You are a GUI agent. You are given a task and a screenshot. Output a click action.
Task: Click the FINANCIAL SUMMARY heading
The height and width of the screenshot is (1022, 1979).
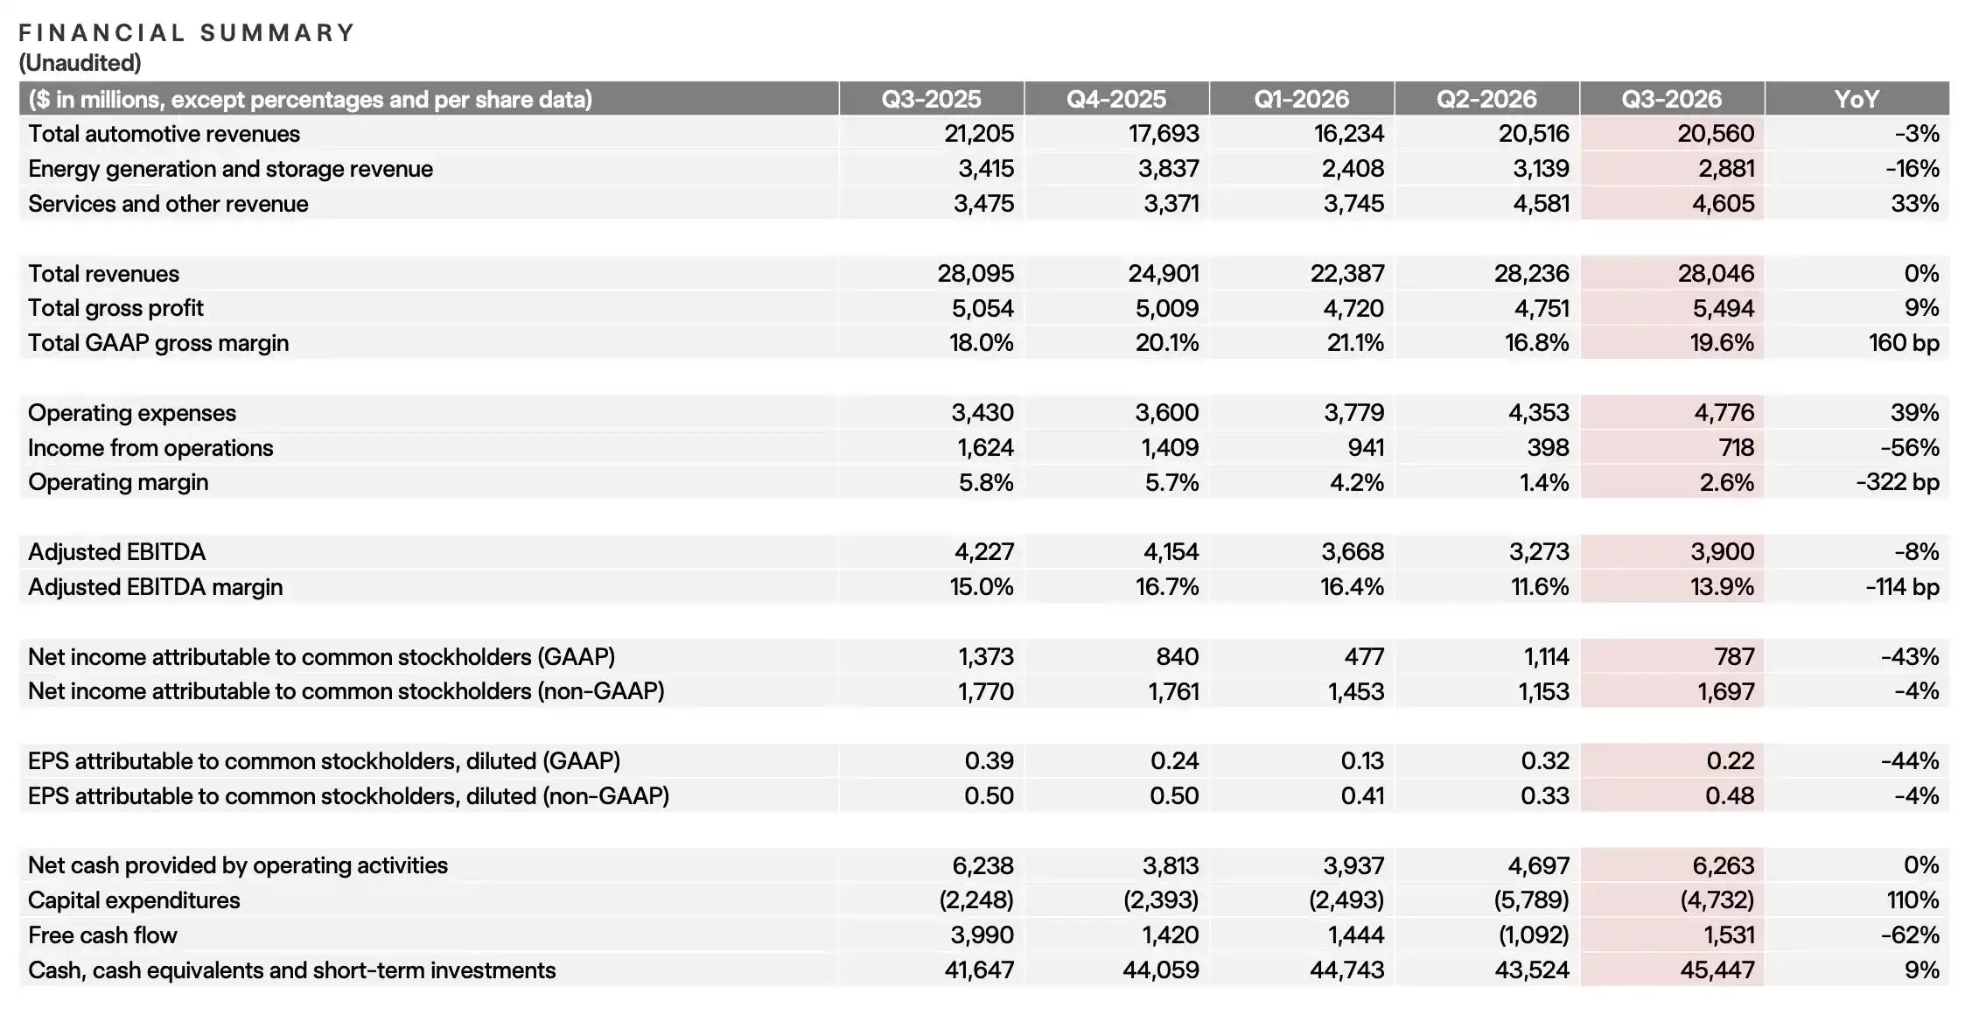click(x=186, y=33)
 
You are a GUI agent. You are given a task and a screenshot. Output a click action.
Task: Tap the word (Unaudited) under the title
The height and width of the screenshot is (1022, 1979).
click(x=80, y=63)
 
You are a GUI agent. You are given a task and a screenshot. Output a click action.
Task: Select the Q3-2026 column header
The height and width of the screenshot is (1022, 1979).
click(x=1671, y=99)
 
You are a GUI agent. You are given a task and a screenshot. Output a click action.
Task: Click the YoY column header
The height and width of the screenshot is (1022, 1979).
click(x=1857, y=99)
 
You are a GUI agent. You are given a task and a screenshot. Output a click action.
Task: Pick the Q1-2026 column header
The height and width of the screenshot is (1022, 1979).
click(x=1301, y=99)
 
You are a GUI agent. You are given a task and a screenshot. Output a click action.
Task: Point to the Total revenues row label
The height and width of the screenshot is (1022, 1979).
click(x=103, y=274)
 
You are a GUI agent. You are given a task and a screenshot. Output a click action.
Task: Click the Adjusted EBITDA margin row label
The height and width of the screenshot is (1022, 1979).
click(x=155, y=587)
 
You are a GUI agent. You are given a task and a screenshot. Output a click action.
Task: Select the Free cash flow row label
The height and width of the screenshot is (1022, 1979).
click(x=102, y=935)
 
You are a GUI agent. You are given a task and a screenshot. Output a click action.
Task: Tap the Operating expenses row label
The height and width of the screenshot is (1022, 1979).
click(x=132, y=413)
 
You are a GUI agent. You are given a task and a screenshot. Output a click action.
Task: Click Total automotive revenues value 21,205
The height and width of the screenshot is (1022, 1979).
click(x=979, y=134)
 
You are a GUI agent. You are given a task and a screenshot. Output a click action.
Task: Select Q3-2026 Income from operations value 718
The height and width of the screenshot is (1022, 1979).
click(x=1736, y=448)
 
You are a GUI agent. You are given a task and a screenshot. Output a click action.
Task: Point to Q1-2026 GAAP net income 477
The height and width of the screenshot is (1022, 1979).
click(x=1365, y=657)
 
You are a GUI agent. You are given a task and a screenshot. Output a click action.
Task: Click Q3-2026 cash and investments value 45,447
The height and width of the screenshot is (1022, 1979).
click(x=1717, y=970)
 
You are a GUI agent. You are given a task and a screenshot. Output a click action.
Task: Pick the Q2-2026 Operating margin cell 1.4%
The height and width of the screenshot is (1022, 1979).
click(x=1545, y=483)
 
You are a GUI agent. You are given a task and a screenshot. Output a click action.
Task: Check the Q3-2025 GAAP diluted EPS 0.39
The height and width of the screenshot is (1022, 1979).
click(x=989, y=761)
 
